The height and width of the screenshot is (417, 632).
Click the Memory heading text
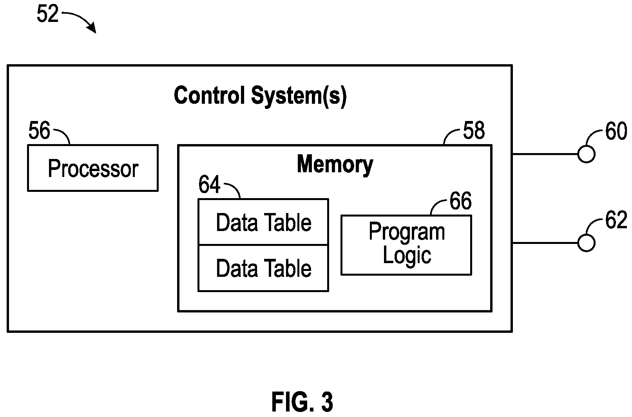(x=335, y=165)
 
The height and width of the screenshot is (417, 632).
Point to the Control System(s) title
(x=260, y=96)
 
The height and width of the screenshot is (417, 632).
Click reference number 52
(x=47, y=14)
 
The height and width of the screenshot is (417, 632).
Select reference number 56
(x=39, y=130)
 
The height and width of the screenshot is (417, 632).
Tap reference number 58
(x=474, y=130)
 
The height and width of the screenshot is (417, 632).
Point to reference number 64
(x=209, y=184)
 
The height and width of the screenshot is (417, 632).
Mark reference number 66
(x=460, y=201)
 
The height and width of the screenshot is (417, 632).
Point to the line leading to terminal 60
(x=545, y=154)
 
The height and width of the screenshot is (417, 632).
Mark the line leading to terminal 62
(x=545, y=243)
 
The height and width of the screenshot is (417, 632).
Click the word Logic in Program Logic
(x=407, y=256)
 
